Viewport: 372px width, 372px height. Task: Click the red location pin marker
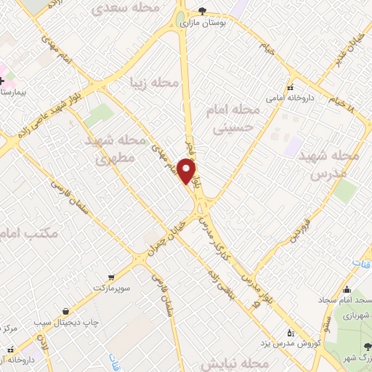pos(187,171)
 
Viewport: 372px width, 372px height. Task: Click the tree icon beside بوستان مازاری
pos(201,11)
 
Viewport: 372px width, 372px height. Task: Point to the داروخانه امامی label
pos(268,95)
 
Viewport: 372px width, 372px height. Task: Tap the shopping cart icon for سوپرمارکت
pos(110,277)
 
